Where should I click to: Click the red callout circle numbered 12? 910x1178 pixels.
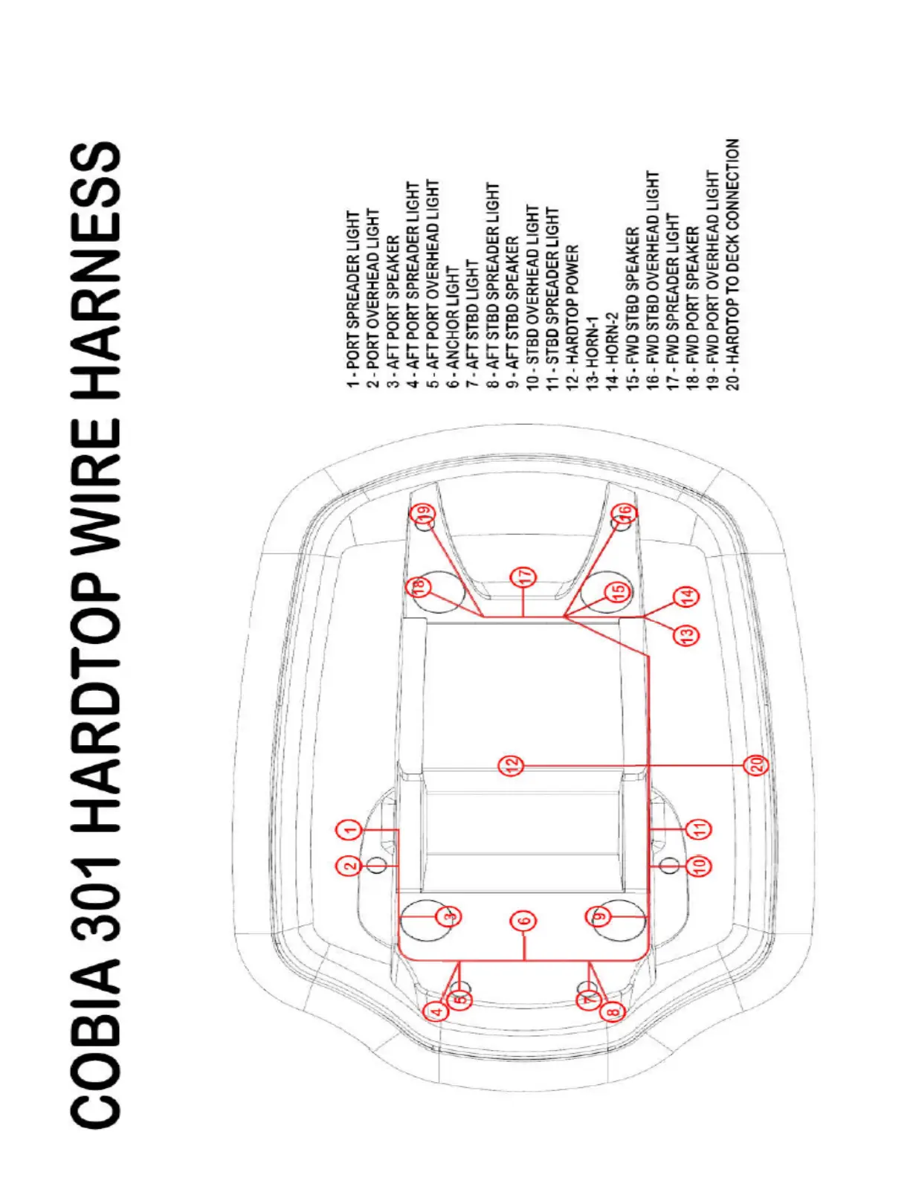(x=511, y=765)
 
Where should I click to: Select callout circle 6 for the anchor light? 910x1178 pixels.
(x=523, y=921)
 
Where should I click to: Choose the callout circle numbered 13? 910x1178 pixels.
(x=687, y=635)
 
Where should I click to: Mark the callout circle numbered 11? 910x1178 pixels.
(x=697, y=828)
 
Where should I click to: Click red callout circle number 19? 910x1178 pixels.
(x=424, y=513)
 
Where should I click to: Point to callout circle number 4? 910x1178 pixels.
(x=437, y=1011)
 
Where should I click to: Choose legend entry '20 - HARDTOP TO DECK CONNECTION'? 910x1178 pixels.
(x=733, y=263)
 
